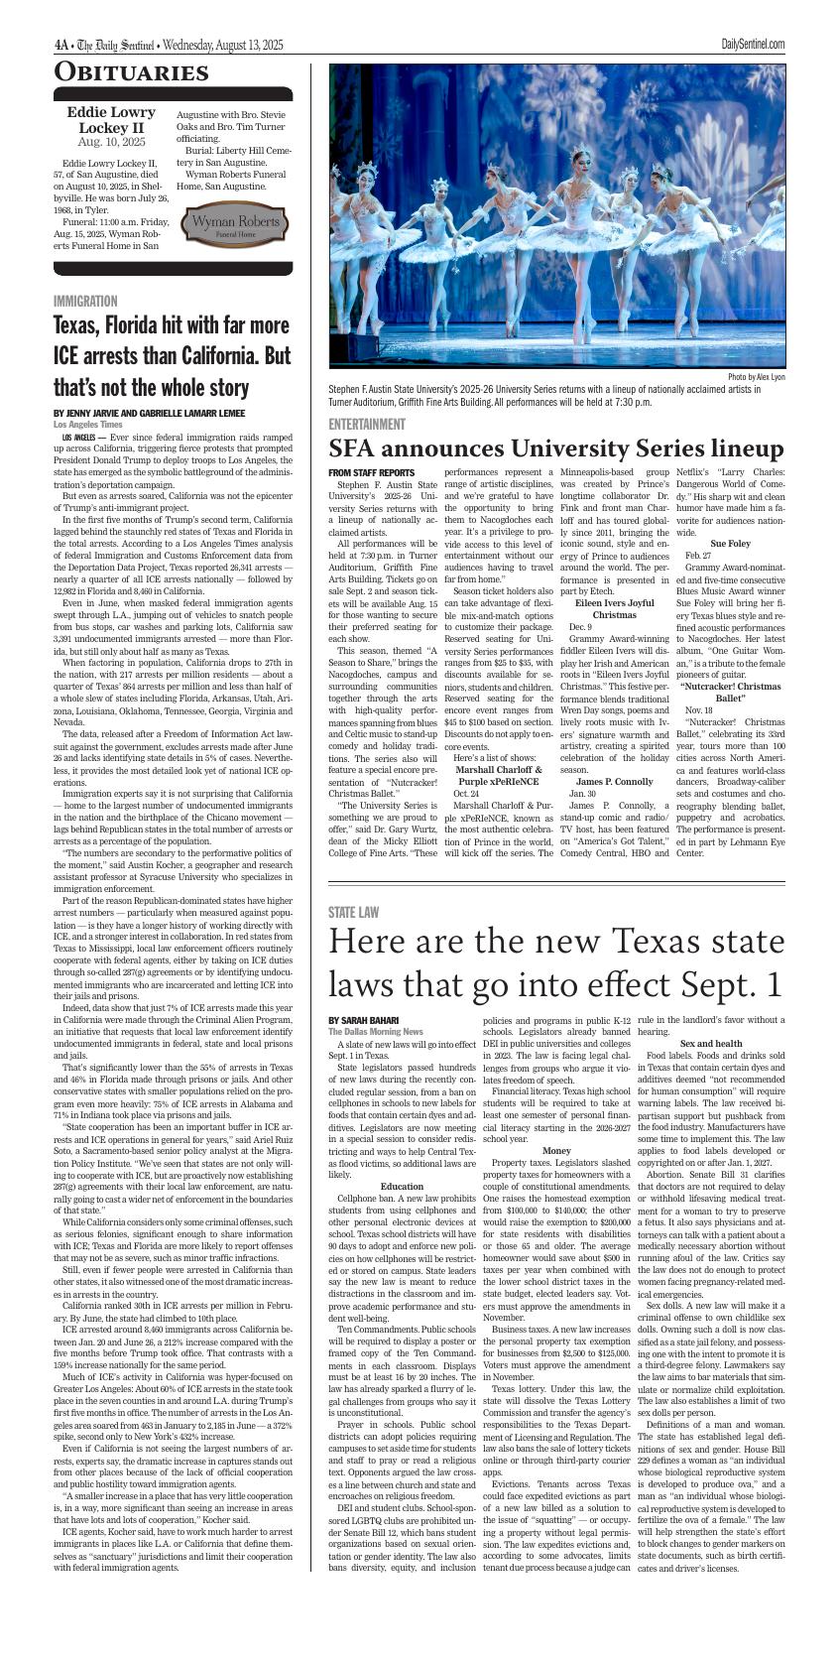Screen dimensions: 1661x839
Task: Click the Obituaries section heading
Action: [131, 72]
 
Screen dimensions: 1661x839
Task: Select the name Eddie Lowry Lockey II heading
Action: [111, 120]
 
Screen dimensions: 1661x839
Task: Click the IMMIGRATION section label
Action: [85, 301]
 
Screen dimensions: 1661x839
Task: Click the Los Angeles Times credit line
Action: [88, 425]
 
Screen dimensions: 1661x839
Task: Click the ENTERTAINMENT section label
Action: [367, 424]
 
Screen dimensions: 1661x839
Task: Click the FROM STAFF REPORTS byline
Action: [371, 472]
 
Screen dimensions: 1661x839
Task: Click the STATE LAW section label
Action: [354, 912]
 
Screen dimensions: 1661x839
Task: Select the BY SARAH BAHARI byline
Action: [363, 1020]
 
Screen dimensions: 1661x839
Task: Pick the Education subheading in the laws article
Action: [402, 1186]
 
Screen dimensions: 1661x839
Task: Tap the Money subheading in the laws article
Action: [556, 1150]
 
